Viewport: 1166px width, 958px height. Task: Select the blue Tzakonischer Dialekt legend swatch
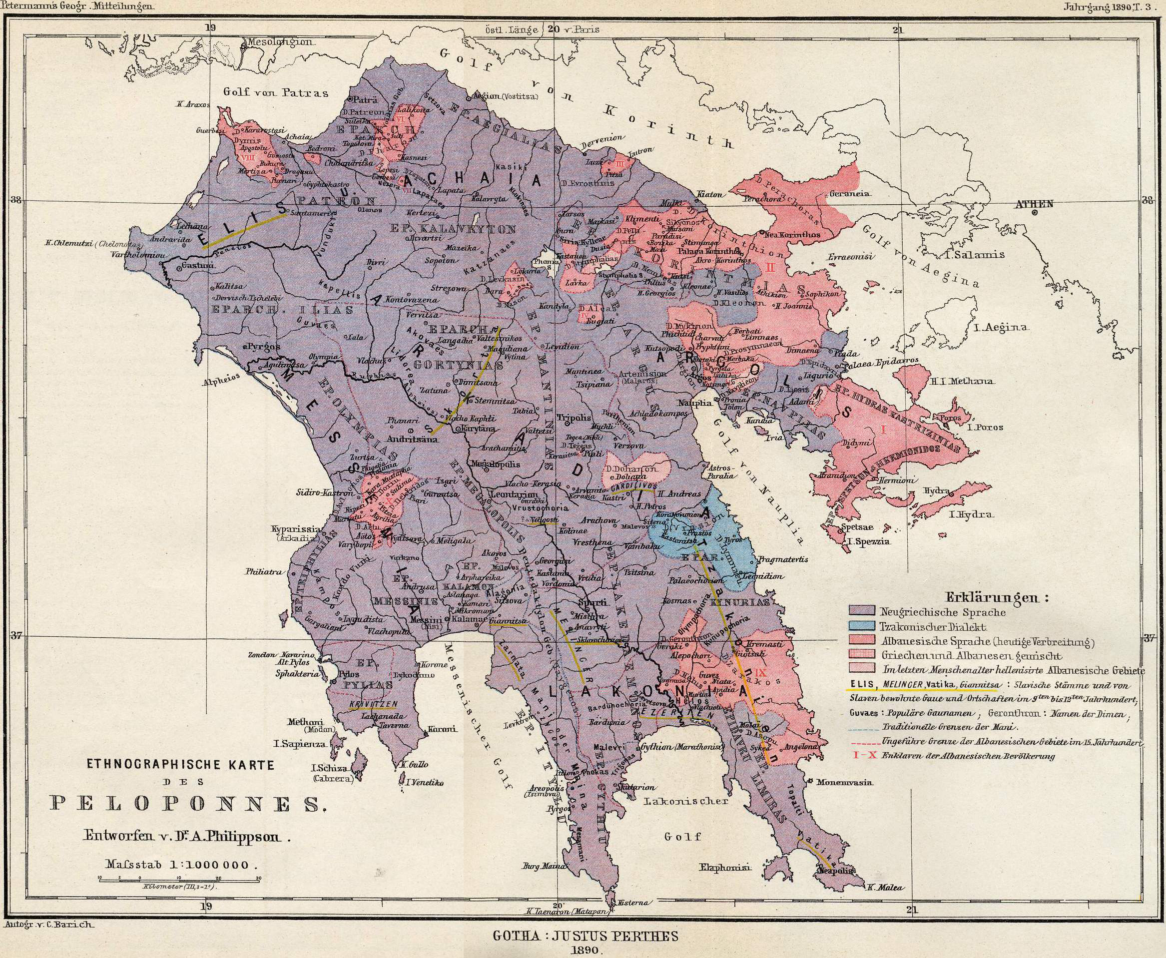click(862, 626)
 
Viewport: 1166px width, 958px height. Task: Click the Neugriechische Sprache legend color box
click(862, 611)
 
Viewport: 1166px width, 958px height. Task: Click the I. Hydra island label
click(971, 515)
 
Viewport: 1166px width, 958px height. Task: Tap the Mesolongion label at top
click(280, 42)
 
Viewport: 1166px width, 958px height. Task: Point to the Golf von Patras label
click(275, 92)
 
